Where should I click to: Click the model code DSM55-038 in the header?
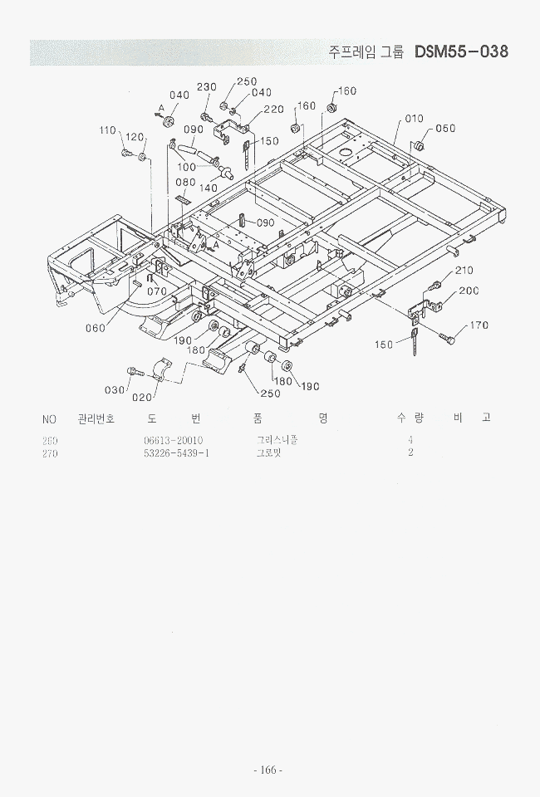pyautogui.click(x=460, y=51)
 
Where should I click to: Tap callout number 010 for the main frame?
pyautogui.click(x=414, y=119)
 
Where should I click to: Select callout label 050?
pyautogui.click(x=445, y=129)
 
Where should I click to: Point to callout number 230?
pyautogui.click(x=206, y=87)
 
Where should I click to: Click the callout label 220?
pyautogui.click(x=273, y=110)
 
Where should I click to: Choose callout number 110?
pyautogui.click(x=107, y=130)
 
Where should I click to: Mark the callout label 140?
pyautogui.click(x=208, y=188)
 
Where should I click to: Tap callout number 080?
pyautogui.click(x=185, y=183)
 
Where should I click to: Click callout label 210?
pyautogui.click(x=463, y=271)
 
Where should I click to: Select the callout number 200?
pyautogui.click(x=469, y=291)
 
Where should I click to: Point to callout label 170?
pyautogui.click(x=479, y=325)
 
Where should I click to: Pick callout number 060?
pyautogui.click(x=96, y=328)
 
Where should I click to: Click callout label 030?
pyautogui.click(x=115, y=390)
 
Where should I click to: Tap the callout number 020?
pyautogui.click(x=141, y=397)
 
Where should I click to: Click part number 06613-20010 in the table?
pyautogui.click(x=173, y=440)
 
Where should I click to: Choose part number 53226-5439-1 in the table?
pyautogui.click(x=176, y=453)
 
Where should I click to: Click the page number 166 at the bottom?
pyautogui.click(x=268, y=770)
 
